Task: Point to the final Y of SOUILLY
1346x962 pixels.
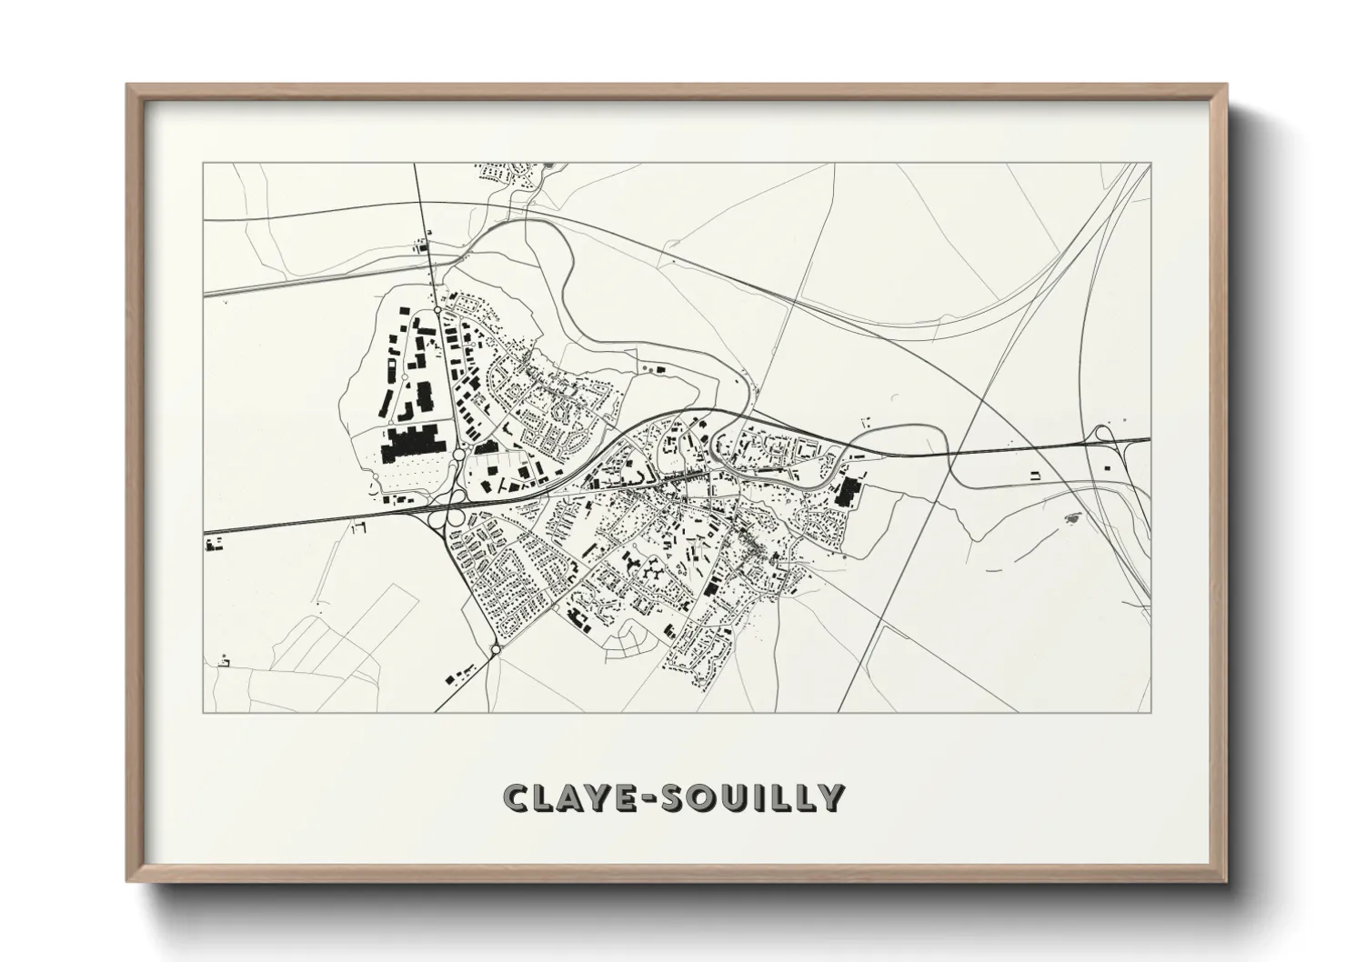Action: click(x=831, y=797)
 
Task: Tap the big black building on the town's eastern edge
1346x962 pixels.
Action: click(x=849, y=492)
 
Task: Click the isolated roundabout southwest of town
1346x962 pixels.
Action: click(x=495, y=649)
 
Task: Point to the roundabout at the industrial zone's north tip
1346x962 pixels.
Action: click(x=437, y=310)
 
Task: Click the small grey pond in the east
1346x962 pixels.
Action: click(x=1069, y=518)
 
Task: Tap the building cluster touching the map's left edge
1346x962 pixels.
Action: click(x=216, y=545)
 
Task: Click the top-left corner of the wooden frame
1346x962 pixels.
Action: click(x=128, y=85)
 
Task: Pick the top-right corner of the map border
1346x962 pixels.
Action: click(x=1150, y=163)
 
